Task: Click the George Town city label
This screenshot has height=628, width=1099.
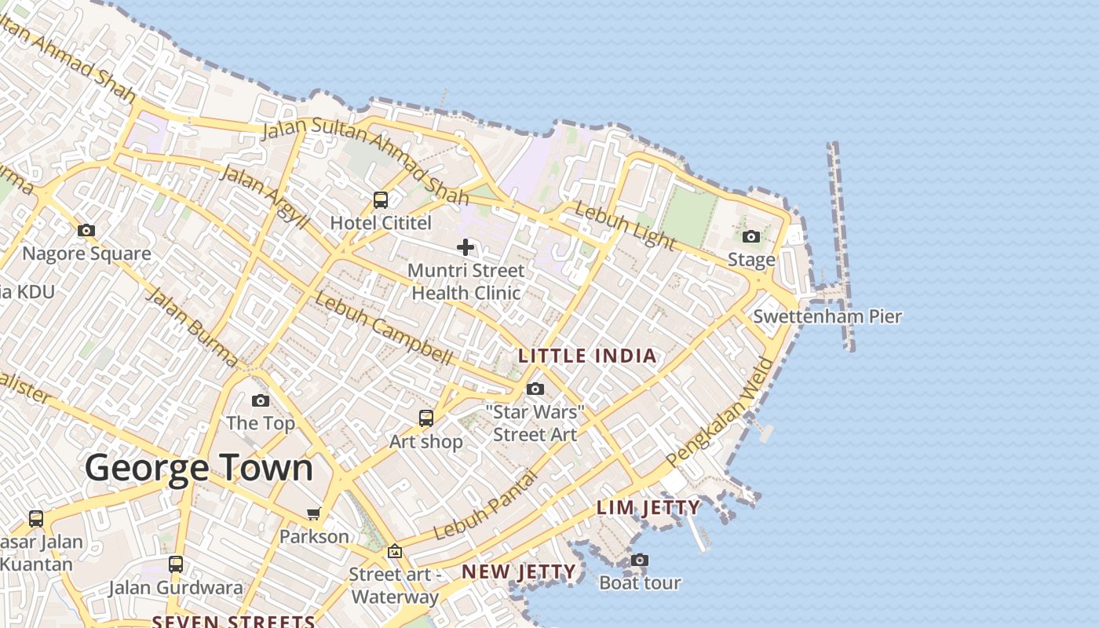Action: (199, 469)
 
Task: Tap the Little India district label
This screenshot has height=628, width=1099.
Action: (587, 356)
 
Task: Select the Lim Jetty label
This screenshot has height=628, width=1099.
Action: (648, 507)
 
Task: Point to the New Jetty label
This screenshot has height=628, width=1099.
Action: (519, 571)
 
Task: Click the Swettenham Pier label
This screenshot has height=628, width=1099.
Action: (827, 316)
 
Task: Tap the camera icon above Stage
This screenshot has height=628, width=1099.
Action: (751, 236)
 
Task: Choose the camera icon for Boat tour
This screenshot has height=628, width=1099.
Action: (640, 560)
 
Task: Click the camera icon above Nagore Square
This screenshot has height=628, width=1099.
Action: (86, 230)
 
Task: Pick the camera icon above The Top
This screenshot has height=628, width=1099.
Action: (261, 400)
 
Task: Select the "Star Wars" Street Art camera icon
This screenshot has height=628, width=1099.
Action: (535, 389)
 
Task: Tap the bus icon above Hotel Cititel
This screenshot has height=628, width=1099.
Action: (381, 199)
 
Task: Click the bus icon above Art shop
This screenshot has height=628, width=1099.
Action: (426, 418)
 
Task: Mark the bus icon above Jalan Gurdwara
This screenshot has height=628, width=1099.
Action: (176, 564)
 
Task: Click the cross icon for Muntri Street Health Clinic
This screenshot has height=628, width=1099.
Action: (466, 247)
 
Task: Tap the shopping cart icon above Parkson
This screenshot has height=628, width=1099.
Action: (314, 513)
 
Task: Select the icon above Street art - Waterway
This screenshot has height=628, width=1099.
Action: (394, 551)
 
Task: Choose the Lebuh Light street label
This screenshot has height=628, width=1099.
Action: (624, 224)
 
